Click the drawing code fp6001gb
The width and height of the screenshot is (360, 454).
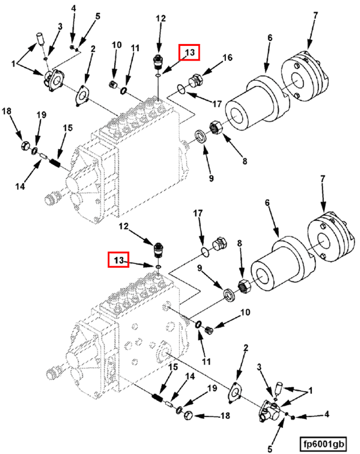point(326,444)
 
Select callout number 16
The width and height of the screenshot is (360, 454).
point(227,58)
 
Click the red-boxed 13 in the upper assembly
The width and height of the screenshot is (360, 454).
point(189,52)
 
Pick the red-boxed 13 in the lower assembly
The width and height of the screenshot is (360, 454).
point(118,260)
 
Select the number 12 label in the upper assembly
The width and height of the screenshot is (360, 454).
point(161,18)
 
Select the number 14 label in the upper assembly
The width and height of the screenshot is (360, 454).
point(19,186)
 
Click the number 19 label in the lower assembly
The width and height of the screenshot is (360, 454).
point(211,388)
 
